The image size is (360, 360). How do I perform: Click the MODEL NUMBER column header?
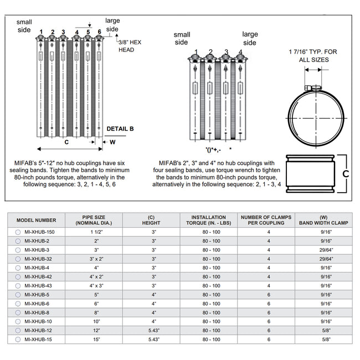36,220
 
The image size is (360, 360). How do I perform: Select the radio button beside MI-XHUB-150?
18,233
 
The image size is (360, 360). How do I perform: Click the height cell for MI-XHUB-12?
154,330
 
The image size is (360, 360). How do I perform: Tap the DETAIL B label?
120,129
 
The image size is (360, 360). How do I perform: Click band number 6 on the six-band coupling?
99,32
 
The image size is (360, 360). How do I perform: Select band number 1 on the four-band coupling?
196,53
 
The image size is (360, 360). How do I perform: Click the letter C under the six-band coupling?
66,142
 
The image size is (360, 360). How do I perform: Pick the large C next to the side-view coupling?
346,173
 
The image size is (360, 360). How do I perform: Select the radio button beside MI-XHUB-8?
18,312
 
